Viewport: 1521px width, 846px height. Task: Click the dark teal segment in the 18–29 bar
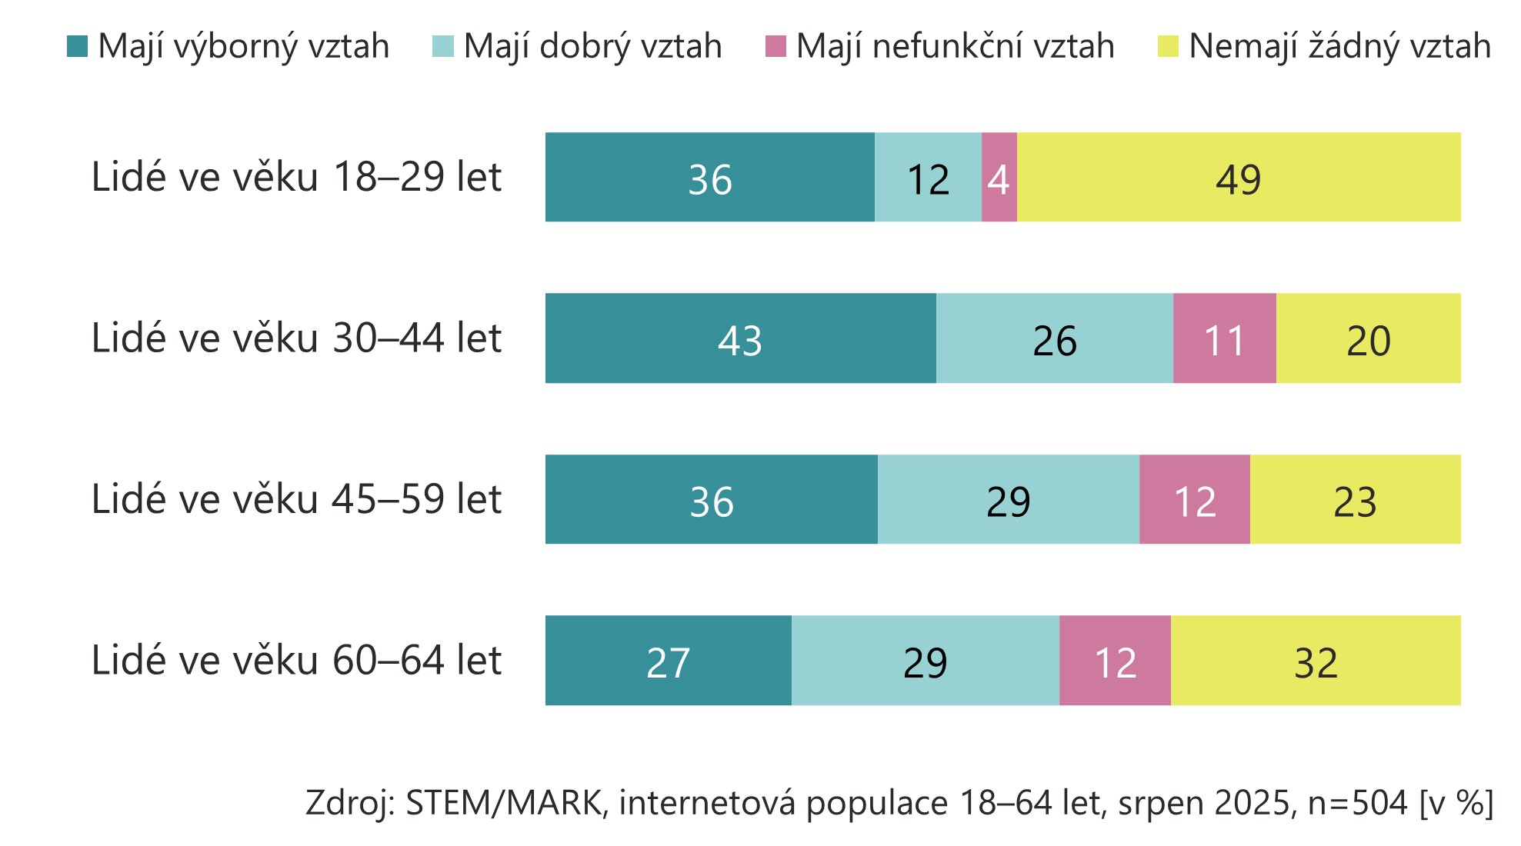click(x=709, y=178)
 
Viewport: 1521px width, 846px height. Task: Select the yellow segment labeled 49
click(x=1238, y=178)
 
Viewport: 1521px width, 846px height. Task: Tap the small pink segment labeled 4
click(x=999, y=178)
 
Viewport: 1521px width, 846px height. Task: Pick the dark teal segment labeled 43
click(x=740, y=338)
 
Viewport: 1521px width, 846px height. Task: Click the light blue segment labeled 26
click(x=1054, y=338)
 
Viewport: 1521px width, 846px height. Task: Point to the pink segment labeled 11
click(x=1224, y=338)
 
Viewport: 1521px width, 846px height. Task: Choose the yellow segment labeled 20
click(x=1368, y=338)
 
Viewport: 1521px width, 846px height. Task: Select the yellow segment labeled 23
click(x=1355, y=500)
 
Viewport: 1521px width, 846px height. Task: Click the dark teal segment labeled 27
click(x=668, y=661)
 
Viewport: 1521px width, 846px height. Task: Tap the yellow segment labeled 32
click(x=1316, y=661)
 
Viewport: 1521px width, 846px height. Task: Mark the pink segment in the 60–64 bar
click(x=1115, y=661)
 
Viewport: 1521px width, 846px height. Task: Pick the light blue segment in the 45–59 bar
click(x=1008, y=500)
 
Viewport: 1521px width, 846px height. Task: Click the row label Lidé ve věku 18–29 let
click(x=296, y=178)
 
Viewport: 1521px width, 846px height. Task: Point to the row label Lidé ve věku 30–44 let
click(x=296, y=338)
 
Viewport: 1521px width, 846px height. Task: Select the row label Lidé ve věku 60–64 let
click(x=296, y=661)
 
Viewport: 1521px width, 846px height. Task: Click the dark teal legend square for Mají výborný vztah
click(x=78, y=47)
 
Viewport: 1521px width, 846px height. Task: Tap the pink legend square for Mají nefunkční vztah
click(x=776, y=47)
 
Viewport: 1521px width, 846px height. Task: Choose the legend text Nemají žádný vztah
click(x=1339, y=47)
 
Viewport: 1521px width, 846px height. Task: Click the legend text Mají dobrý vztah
click(x=592, y=47)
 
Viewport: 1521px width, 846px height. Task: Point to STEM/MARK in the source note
click(x=503, y=803)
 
